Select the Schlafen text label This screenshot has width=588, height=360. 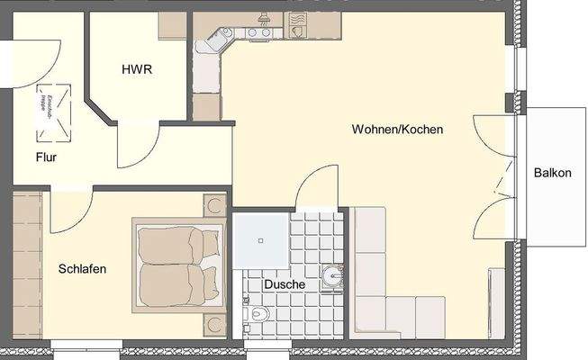click(83, 268)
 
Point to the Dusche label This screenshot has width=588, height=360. click(284, 284)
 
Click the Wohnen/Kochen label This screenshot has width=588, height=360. click(397, 130)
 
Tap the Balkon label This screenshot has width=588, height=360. click(552, 173)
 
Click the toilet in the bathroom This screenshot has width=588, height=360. click(259, 315)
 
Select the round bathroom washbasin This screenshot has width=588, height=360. click(331, 274)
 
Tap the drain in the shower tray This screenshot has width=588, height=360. click(261, 240)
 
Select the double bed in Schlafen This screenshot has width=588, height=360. click(177, 265)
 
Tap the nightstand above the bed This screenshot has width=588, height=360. click(214, 204)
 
